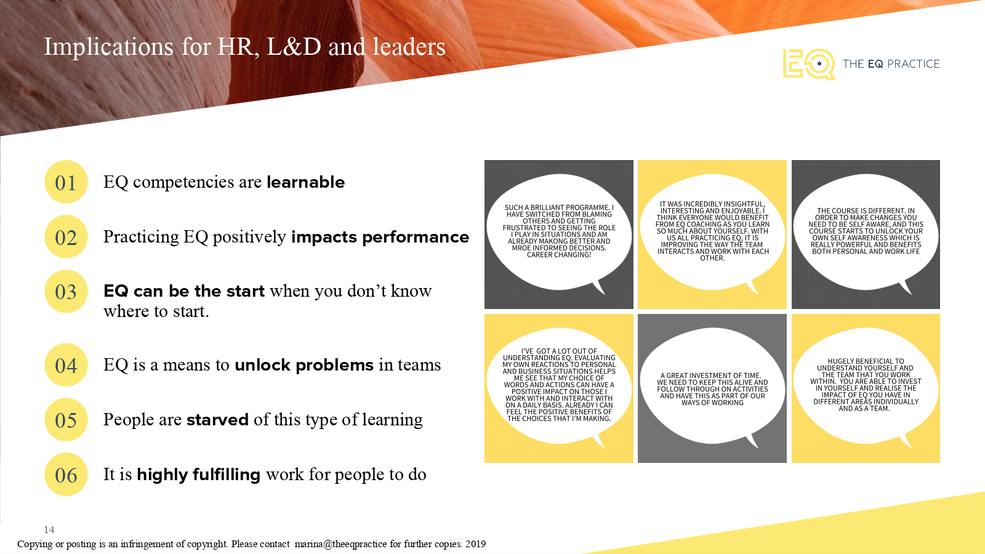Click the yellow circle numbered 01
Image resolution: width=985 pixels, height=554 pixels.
66,182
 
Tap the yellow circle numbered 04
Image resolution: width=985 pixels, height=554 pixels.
66,365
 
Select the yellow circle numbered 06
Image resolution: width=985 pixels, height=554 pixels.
66,475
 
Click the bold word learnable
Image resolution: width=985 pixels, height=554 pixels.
305,182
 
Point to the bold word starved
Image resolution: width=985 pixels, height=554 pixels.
218,420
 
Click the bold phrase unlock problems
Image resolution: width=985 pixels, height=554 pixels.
304,366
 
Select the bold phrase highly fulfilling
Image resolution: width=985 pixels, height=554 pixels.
199,475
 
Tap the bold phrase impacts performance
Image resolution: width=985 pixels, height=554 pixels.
380,238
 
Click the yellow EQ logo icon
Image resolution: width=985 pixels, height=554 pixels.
809,64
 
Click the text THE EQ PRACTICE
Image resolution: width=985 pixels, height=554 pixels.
891,64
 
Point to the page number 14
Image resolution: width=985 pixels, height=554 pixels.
49,530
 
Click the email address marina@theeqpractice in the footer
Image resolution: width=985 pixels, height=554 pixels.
341,544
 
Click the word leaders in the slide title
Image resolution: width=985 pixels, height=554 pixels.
409,47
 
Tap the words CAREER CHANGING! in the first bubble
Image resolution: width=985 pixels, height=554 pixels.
559,255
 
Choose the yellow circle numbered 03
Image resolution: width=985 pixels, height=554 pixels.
66,292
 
